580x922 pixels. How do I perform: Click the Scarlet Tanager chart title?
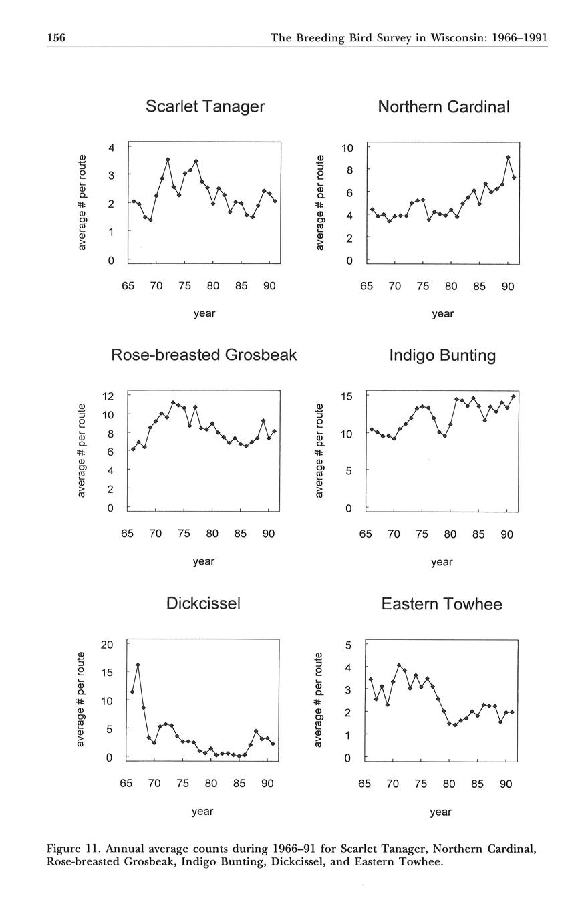(x=205, y=106)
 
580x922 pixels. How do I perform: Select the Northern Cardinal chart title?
(x=443, y=107)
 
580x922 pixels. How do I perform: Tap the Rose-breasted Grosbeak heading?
(x=204, y=355)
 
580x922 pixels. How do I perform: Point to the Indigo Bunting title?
(x=442, y=355)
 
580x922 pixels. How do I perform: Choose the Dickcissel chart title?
(x=203, y=603)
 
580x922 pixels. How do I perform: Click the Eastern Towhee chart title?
(x=442, y=604)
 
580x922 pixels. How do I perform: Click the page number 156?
(x=56, y=38)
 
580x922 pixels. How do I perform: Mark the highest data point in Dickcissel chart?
(x=138, y=665)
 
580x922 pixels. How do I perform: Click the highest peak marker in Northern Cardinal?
(x=509, y=158)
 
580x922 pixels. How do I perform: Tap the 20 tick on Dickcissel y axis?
(x=106, y=644)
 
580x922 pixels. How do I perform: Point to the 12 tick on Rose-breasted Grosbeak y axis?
(x=108, y=396)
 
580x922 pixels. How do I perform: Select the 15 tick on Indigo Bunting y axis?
(x=346, y=396)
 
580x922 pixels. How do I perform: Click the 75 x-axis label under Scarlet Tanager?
(x=185, y=286)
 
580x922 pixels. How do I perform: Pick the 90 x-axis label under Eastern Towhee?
(x=505, y=784)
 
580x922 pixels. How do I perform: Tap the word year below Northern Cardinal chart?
(x=442, y=313)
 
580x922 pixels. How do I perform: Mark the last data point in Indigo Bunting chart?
(x=513, y=396)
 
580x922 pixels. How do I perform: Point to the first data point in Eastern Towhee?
(x=371, y=679)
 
